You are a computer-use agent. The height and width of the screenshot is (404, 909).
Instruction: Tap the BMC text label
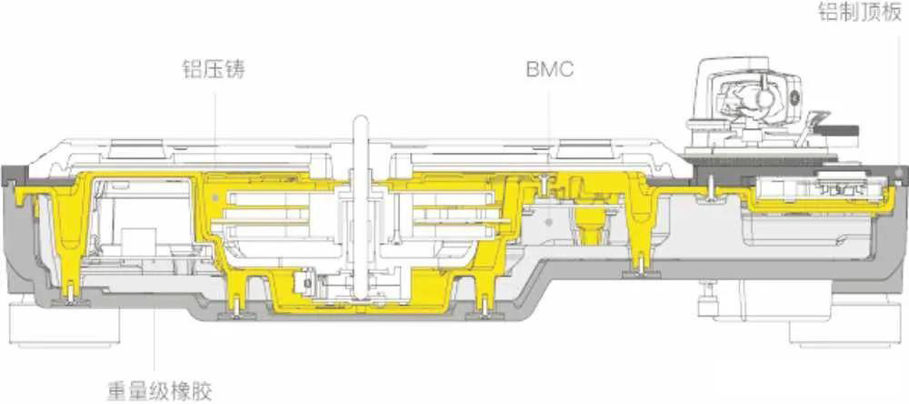coord(550,70)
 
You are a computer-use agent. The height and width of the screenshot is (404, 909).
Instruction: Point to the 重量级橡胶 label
coord(160,390)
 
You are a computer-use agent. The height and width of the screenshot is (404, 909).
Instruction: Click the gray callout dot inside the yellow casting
coord(216,198)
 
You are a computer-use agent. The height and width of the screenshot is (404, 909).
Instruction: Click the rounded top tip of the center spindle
coord(361,120)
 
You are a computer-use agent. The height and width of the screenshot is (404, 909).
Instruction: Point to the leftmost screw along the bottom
coord(70,296)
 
